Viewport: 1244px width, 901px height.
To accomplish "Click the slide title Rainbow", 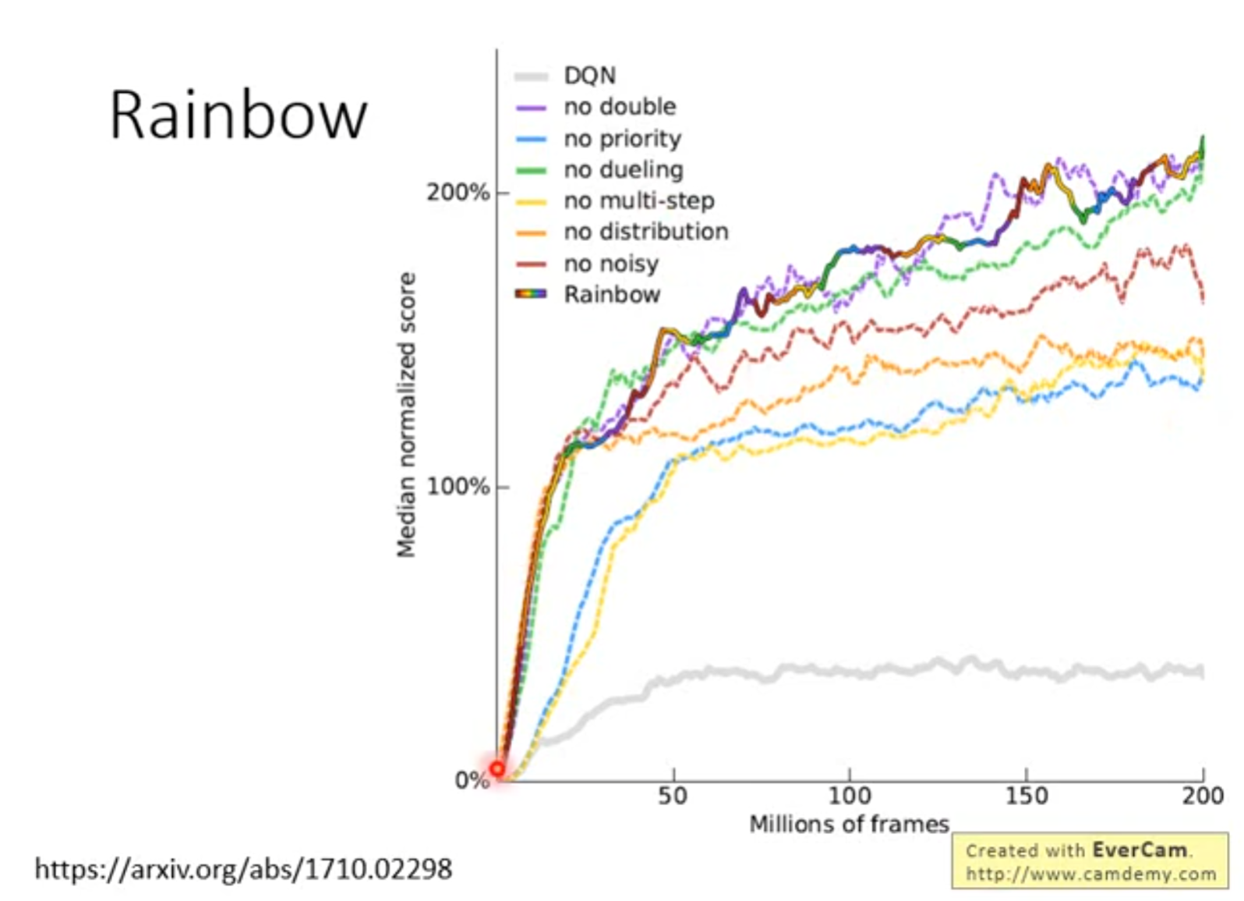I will click(238, 115).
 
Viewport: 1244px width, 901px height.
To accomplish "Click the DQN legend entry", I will click(589, 76).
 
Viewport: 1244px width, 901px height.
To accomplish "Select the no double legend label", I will click(620, 107).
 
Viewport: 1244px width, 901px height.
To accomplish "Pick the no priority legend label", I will click(622, 139).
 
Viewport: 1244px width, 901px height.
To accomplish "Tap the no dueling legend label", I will click(624, 170).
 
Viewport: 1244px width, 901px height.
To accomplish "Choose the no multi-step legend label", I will click(639, 201).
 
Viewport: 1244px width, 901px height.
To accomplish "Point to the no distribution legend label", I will click(646, 232).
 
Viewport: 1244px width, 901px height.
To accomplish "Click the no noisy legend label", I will click(611, 264).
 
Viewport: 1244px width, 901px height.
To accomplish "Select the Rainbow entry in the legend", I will click(612, 295).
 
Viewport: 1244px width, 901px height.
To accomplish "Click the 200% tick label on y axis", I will click(458, 193).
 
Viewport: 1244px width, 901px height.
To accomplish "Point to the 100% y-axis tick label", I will click(458, 487).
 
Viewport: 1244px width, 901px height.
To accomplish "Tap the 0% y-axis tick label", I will click(471, 780).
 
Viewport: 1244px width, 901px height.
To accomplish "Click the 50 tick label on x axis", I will click(673, 796).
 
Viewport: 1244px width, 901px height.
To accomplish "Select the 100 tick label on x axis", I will click(849, 796).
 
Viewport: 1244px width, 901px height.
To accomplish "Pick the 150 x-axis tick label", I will click(1026, 796).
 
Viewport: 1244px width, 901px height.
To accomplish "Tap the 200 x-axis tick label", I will click(1203, 796).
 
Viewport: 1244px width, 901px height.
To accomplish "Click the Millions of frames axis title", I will click(849, 825).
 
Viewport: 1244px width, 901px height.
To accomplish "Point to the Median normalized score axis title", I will click(406, 414).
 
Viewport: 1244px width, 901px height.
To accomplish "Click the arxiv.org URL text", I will click(243, 869).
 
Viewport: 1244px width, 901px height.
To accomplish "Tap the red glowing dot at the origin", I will click(497, 769).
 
